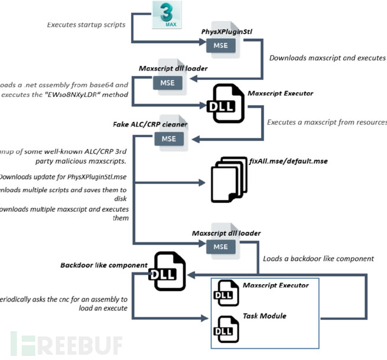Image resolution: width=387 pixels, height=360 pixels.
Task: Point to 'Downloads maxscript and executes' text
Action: point(327,58)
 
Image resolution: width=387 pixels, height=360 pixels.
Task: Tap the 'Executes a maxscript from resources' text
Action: point(327,122)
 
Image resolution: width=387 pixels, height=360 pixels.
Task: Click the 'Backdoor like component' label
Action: point(104,265)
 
